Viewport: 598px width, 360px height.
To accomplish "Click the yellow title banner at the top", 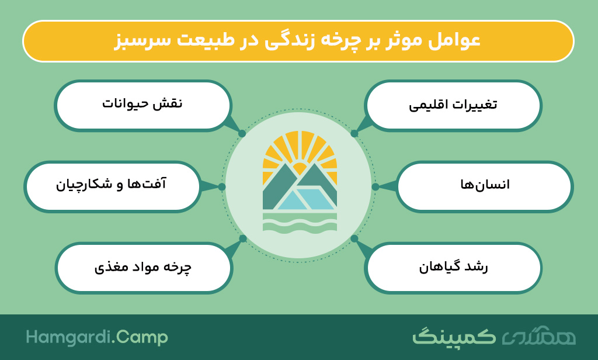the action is (298, 41).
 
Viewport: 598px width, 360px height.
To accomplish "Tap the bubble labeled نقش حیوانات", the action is (142, 105).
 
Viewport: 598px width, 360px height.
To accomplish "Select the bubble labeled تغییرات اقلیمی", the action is (453, 105).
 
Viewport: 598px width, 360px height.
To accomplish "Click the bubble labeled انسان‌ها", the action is (484, 186).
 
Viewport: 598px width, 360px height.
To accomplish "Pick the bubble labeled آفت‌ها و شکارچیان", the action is (112, 186).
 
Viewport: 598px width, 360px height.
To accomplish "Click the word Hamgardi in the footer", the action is (69, 337).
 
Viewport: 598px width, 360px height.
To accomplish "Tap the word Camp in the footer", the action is (142, 337).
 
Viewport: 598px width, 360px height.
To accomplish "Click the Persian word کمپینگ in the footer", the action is (454, 336).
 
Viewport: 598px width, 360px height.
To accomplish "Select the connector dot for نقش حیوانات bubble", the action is (242, 134).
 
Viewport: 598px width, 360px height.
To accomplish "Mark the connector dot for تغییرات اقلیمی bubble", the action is (354, 134).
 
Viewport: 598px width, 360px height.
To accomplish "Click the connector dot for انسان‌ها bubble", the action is (376, 186).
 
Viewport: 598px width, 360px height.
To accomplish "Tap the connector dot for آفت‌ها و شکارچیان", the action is (221, 186).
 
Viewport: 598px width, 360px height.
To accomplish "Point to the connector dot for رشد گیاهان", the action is (354, 238).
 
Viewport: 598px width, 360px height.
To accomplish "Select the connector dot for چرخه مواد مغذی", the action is (242, 238).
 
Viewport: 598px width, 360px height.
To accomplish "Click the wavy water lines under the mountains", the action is (300, 222).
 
